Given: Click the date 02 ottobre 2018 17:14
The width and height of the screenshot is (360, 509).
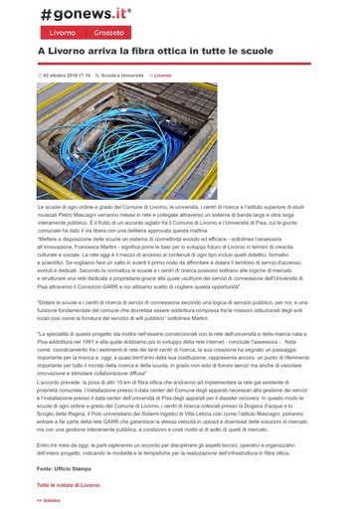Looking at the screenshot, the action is click(x=66, y=75).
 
